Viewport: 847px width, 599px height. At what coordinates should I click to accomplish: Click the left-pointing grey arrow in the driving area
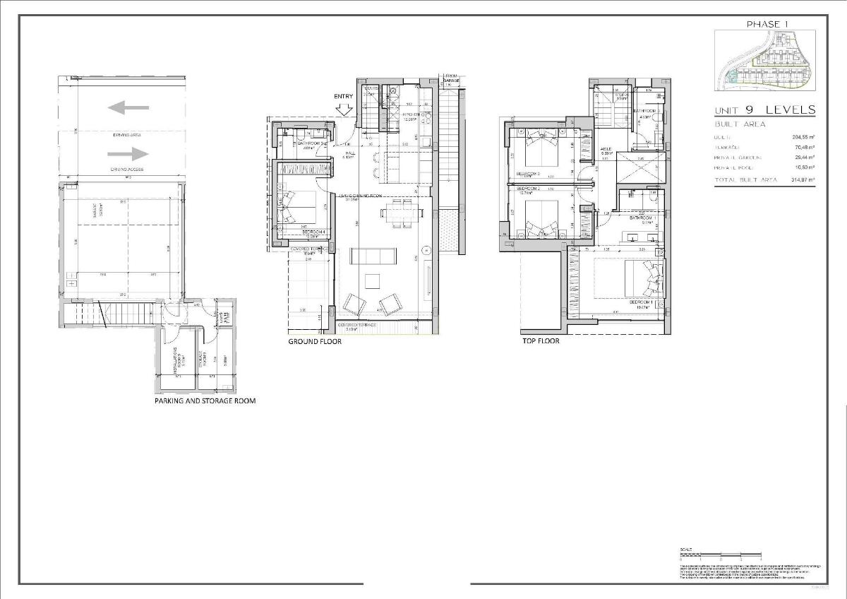point(128,107)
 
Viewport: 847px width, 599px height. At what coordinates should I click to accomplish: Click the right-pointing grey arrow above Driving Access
point(128,153)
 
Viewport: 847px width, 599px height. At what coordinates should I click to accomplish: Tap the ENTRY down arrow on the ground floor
point(344,109)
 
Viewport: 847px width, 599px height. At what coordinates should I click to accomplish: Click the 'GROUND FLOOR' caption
point(315,341)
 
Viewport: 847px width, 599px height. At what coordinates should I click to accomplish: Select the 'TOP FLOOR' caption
point(541,341)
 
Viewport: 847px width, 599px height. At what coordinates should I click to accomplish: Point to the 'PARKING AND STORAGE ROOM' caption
point(205,401)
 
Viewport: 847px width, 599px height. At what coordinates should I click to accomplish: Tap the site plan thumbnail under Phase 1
point(765,62)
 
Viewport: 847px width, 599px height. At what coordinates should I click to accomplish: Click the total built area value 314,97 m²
point(803,180)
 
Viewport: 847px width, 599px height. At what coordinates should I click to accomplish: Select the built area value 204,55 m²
point(803,136)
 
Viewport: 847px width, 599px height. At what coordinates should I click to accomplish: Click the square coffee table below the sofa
point(372,281)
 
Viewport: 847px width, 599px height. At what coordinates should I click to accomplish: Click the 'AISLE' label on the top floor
point(606,149)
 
